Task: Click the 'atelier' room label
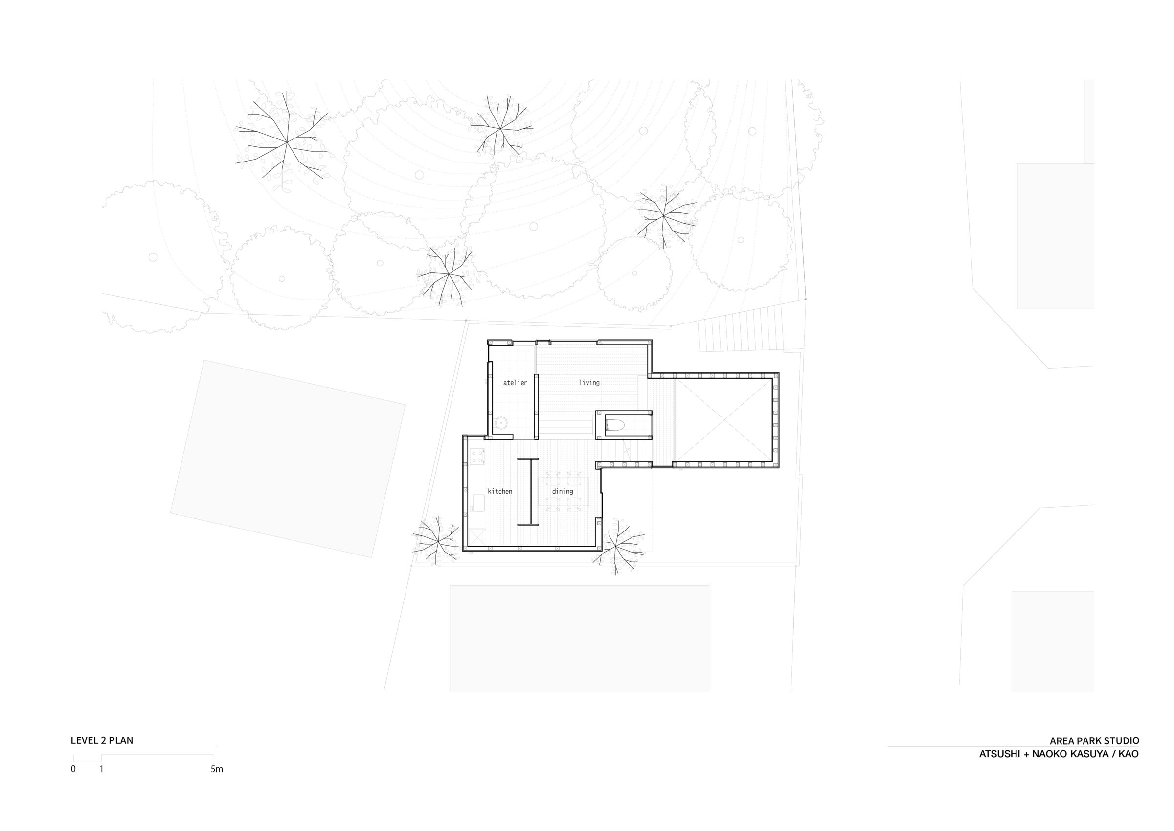point(515,382)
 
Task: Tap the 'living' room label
point(589,382)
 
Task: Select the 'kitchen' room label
point(499,491)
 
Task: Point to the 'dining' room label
point(563,491)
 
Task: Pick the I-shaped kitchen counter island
point(528,491)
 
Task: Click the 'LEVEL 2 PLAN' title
point(102,740)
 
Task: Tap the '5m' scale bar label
point(217,769)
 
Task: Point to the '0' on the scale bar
point(73,769)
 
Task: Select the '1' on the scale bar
point(101,769)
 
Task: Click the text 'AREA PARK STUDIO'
point(1094,741)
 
